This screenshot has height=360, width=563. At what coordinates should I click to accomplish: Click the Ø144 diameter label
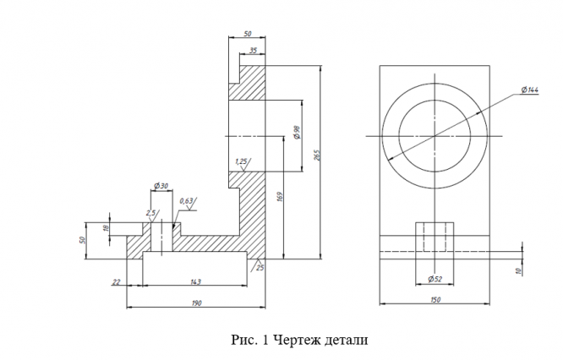click(x=530, y=90)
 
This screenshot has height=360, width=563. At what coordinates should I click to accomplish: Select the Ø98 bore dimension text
click(x=297, y=133)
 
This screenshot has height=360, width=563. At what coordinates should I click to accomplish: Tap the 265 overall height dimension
click(x=317, y=155)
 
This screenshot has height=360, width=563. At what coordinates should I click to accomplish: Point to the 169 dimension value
click(x=281, y=197)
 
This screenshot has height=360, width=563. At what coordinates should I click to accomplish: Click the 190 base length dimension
click(x=197, y=303)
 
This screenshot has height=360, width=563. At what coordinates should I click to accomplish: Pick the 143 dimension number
click(x=195, y=281)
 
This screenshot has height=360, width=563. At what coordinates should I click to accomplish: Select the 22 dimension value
click(x=116, y=282)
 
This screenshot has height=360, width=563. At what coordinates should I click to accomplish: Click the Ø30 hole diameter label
click(x=161, y=186)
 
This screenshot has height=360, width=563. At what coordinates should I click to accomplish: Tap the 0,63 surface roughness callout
click(x=186, y=201)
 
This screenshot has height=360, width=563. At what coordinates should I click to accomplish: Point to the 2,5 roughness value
click(x=150, y=213)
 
